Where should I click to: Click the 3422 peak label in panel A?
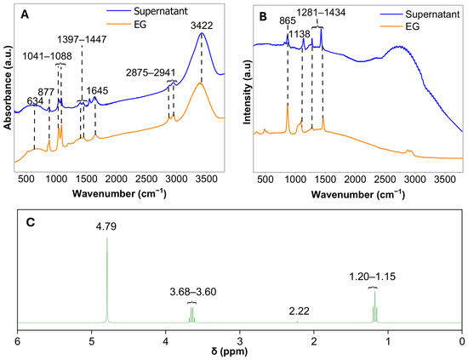click(x=202, y=26)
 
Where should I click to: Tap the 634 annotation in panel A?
click(x=35, y=101)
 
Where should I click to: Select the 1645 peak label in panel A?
click(x=97, y=91)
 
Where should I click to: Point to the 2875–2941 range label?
click(x=151, y=72)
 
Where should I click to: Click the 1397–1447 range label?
click(x=82, y=39)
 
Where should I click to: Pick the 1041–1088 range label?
click(x=47, y=56)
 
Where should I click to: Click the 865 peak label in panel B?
click(x=288, y=21)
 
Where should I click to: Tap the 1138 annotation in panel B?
click(x=300, y=34)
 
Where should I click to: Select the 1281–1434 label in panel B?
click(x=321, y=13)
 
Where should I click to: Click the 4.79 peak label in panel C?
click(x=106, y=226)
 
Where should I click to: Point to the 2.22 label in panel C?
click(x=299, y=311)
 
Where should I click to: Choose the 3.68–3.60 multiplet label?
click(x=193, y=292)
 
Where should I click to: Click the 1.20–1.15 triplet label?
click(x=373, y=277)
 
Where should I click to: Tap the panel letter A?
click(x=25, y=14)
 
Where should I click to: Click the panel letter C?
click(x=31, y=222)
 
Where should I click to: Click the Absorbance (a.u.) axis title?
click(x=8, y=88)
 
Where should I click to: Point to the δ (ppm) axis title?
click(x=230, y=351)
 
